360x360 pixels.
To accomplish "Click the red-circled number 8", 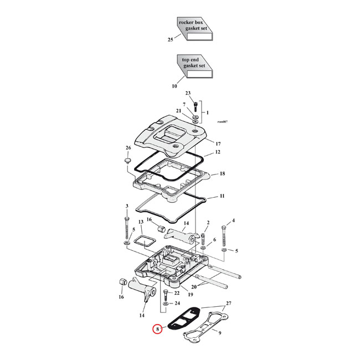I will (158, 330).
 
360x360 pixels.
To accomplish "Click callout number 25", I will (170, 39).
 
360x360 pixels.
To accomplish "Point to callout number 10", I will (174, 86).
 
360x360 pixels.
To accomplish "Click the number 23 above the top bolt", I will (188, 93).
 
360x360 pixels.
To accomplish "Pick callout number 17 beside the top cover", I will (218, 143).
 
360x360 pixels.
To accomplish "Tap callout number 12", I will (218, 152).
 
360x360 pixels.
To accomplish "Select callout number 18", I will (222, 174).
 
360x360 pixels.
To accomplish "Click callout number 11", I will (222, 196).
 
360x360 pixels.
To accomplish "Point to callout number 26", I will (128, 148).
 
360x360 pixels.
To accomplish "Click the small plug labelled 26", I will (126, 161).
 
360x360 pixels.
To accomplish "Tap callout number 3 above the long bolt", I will (127, 207).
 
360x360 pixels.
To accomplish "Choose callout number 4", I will (233, 221).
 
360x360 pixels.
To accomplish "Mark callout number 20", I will (193, 286).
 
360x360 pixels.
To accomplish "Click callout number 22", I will (177, 292).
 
